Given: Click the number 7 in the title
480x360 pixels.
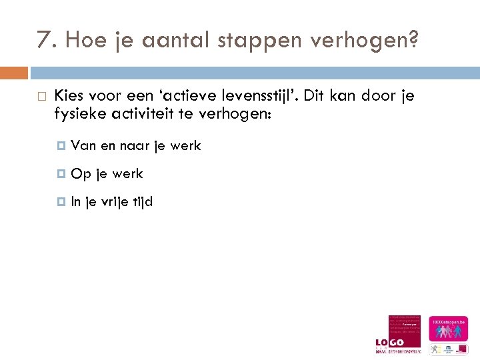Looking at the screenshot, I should [x=43, y=42].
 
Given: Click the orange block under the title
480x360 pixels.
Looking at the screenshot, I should [x=14, y=72].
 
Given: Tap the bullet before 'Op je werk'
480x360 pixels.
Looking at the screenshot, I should [x=63, y=174].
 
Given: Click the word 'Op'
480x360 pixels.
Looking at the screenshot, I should [x=81, y=174].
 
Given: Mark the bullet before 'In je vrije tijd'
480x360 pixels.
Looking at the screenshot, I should [x=63, y=201].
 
